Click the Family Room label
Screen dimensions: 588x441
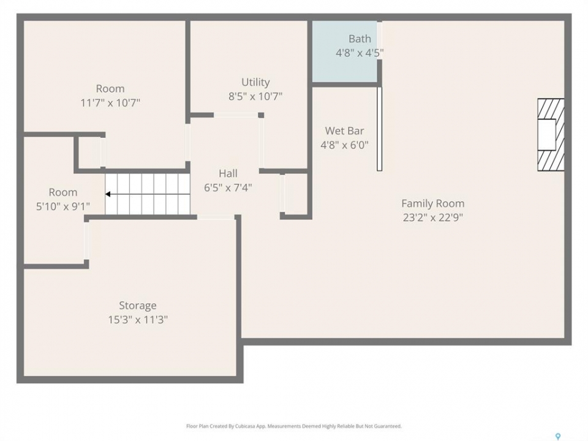(x=433, y=203)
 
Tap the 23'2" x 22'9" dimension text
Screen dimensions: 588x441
(x=433, y=217)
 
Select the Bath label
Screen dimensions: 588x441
(x=360, y=39)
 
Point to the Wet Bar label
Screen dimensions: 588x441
(x=344, y=131)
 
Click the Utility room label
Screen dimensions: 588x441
(x=255, y=82)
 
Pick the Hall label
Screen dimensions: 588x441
(x=228, y=173)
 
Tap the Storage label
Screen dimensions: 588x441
(x=138, y=306)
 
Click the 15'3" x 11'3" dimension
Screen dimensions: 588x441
(x=138, y=320)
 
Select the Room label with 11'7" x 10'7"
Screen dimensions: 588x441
(x=110, y=89)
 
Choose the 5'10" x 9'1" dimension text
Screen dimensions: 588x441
(x=63, y=206)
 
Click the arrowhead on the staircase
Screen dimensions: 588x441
(x=108, y=194)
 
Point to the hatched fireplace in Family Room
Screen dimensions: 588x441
(x=551, y=135)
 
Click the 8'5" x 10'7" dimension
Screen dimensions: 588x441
(x=255, y=96)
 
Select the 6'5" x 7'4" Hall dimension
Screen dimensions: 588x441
(x=228, y=187)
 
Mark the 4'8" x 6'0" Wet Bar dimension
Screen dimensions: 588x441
(x=344, y=145)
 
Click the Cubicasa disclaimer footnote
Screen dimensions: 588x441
(x=294, y=426)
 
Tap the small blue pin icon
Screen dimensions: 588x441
(x=558, y=437)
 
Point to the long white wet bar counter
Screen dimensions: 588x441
(x=380, y=129)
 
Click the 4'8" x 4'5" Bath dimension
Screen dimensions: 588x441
(x=360, y=53)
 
